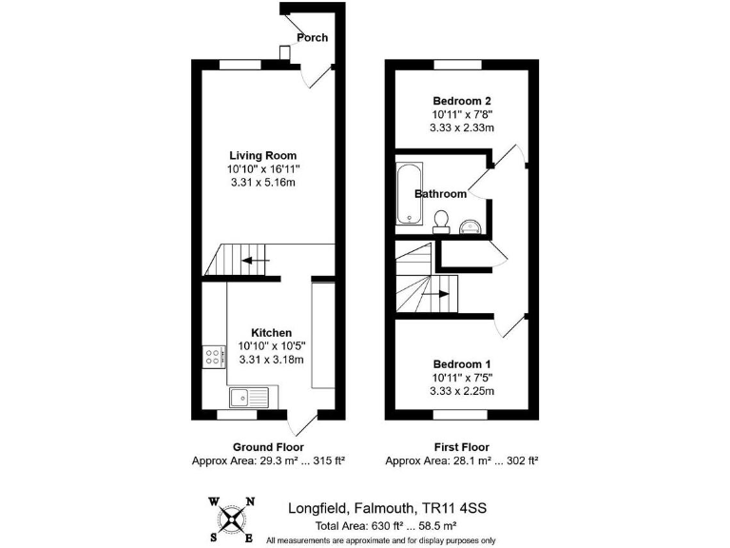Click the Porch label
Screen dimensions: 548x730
pyautogui.click(x=312, y=38)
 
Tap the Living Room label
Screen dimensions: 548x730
pyautogui.click(x=262, y=155)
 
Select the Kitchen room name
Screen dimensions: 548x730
pyautogui.click(x=271, y=332)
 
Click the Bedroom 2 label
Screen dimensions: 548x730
pyautogui.click(x=462, y=101)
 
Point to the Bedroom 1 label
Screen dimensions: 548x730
pyautogui.click(x=462, y=364)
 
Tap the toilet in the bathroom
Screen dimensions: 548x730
pyautogui.click(x=440, y=221)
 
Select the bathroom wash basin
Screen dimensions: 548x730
pyautogui.click(x=470, y=225)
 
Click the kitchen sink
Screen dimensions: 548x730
pyautogui.click(x=250, y=396)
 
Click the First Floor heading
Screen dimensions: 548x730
pyautogui.click(x=462, y=447)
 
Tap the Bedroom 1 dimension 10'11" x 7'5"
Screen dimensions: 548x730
pyautogui.click(x=462, y=378)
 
